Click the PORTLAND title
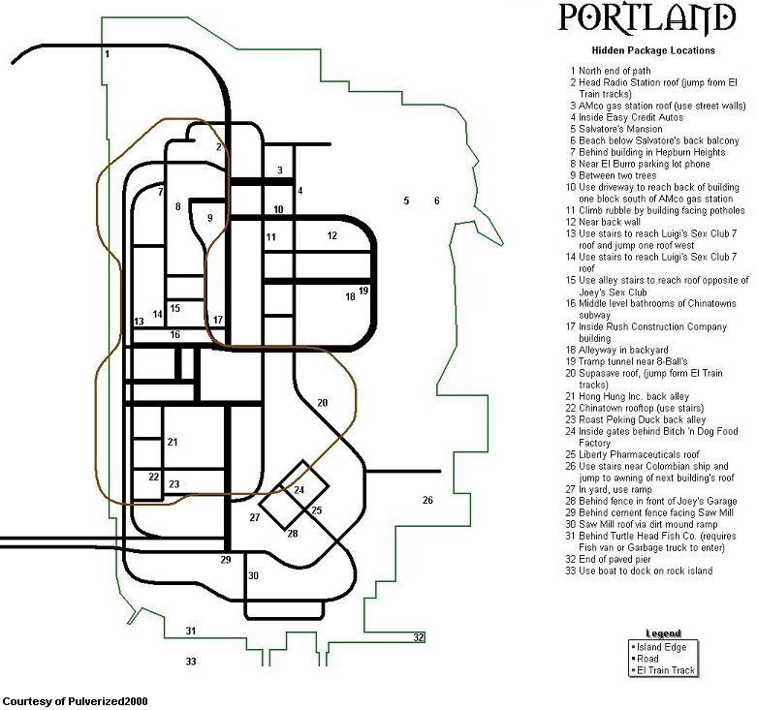point(647,18)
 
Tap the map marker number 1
point(108,53)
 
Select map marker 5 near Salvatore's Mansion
point(406,201)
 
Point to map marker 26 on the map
point(427,500)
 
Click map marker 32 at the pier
point(418,637)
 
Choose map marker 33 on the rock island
point(191,662)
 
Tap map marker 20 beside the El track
point(322,402)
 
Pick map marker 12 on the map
point(331,235)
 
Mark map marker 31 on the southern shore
point(191,631)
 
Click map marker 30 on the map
point(253,575)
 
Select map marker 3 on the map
point(279,170)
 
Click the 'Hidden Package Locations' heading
point(653,50)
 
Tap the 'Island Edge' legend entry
point(658,647)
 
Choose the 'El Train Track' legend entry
point(663,670)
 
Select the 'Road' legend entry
point(645,659)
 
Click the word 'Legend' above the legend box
point(663,633)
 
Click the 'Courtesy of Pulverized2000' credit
point(76,701)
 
